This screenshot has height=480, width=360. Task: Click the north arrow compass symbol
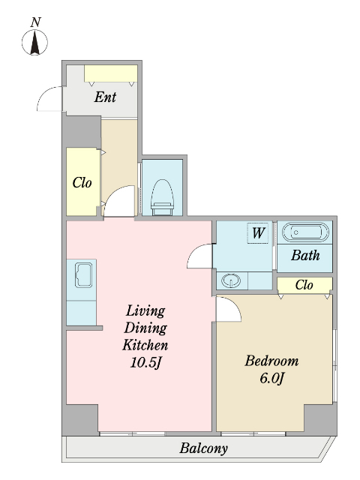pyautogui.click(x=34, y=42)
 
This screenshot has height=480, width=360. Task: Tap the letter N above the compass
pyautogui.click(x=36, y=22)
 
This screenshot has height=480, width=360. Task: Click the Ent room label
pyautogui.click(x=105, y=97)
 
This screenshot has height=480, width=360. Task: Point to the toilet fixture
pyautogui.click(x=163, y=197)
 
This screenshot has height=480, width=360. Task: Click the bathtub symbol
pyautogui.click(x=305, y=232)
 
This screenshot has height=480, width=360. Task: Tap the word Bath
pyautogui.click(x=305, y=255)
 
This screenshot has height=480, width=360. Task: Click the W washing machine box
pyautogui.click(x=258, y=233)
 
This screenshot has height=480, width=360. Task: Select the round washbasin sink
pyautogui.click(x=231, y=280)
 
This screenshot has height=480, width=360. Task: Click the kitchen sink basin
pyautogui.click(x=83, y=275)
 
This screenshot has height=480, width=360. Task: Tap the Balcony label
pyautogui.click(x=203, y=448)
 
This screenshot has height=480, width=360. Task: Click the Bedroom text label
pyautogui.click(x=271, y=361)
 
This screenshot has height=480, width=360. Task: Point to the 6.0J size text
pyautogui.click(x=272, y=378)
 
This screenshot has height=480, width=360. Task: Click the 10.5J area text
pyautogui.click(x=145, y=363)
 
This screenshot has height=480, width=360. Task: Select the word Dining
pyautogui.click(x=145, y=328)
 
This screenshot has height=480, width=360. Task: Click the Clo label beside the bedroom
pyautogui.click(x=304, y=285)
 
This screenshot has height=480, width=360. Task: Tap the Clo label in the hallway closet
pyautogui.click(x=82, y=183)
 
